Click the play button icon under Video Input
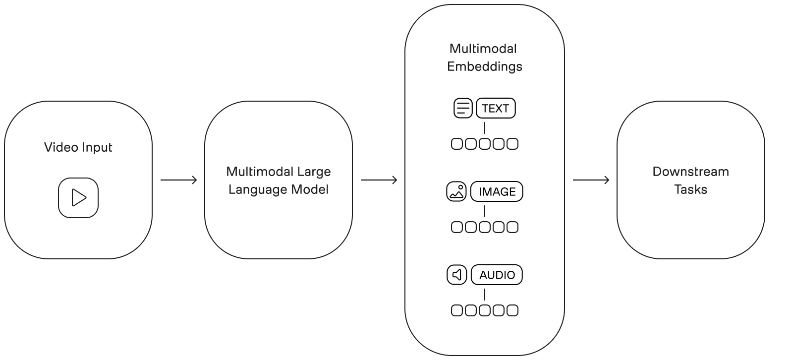coord(78,197)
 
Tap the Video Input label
coord(78,147)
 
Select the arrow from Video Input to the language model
coord(178,180)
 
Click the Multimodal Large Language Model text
coord(279,180)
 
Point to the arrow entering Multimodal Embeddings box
coord(379,180)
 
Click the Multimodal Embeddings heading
coord(485,58)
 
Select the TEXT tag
coord(496,108)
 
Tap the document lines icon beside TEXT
coord(463,108)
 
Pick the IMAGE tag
coord(497,191)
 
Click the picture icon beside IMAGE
coord(456,191)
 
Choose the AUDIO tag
coord(497,275)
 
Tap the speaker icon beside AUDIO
coord(456,275)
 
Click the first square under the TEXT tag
coord(457,144)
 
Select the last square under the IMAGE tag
coord(512,227)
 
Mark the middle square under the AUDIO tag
coord(485,310)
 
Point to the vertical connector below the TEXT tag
coord(485,128)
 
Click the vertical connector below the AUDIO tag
coord(485,295)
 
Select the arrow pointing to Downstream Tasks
coord(591,180)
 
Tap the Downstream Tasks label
coord(690,180)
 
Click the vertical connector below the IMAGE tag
coord(485,211)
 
